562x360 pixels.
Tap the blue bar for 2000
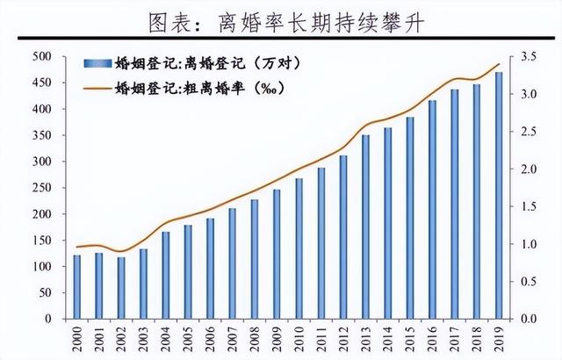pos(76,286)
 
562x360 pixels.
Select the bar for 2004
pos(165,275)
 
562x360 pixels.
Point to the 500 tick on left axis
pos(42,57)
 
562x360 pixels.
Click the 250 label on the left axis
pos(42,188)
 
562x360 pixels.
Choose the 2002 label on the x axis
pos(121,339)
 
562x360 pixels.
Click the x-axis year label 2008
pos(255,339)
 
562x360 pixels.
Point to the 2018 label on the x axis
pos(478,339)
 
